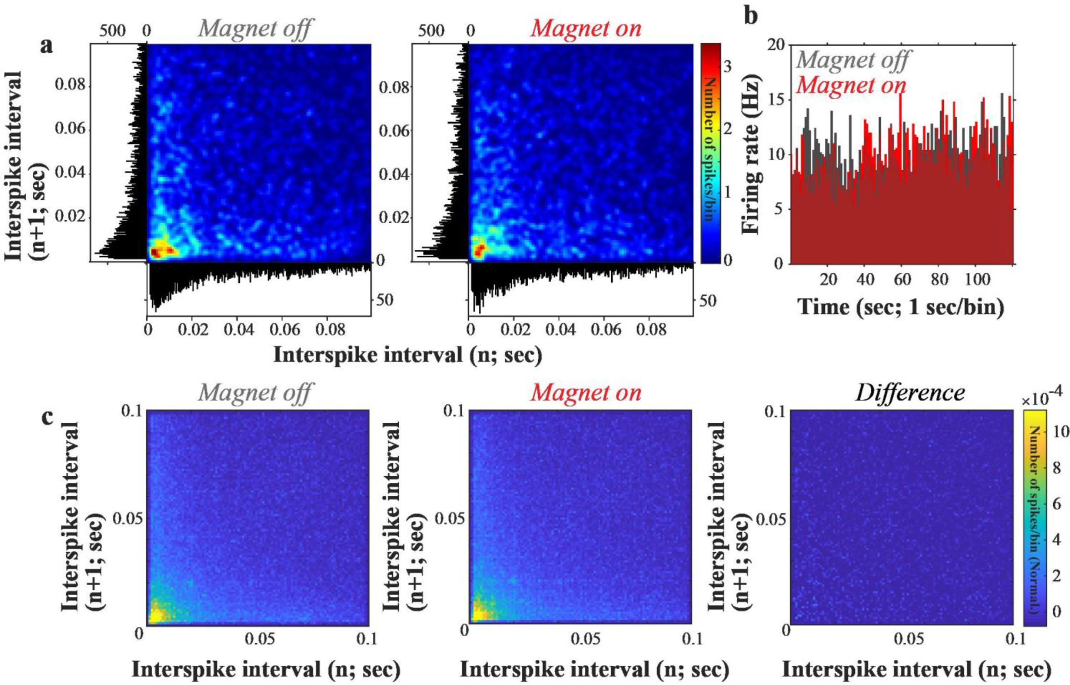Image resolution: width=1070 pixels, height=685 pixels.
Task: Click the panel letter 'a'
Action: (46, 47)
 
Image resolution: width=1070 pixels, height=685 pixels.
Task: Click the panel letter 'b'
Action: (751, 16)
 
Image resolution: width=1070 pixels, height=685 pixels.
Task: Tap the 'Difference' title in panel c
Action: (910, 393)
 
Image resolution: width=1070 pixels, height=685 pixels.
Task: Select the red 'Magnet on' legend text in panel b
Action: (851, 85)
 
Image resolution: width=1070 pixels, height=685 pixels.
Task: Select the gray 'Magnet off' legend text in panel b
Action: (853, 60)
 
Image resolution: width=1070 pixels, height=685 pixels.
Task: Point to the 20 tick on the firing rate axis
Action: (776, 45)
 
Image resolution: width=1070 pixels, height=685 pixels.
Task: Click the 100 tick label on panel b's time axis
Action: (977, 279)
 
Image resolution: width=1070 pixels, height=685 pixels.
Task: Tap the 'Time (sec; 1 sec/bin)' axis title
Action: (901, 307)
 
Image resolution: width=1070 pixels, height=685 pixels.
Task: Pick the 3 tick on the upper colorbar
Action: (727, 67)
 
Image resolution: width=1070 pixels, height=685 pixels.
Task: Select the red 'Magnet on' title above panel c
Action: (586, 393)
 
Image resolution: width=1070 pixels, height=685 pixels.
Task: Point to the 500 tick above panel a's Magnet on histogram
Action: (431, 31)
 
